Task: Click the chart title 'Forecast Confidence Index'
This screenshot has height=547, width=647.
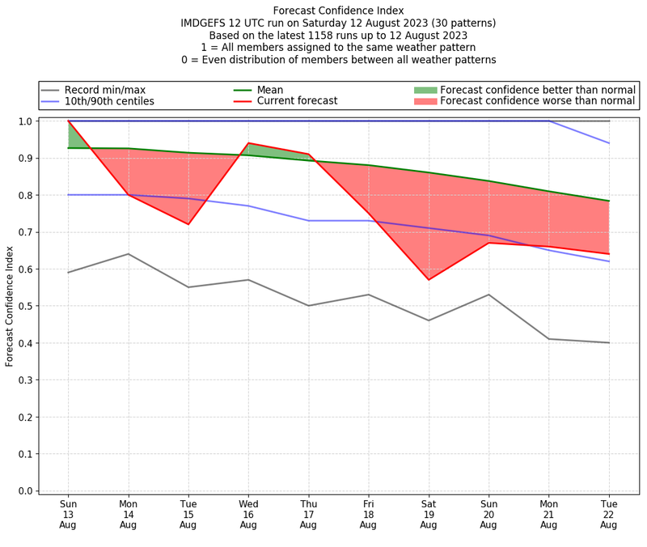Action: click(x=338, y=11)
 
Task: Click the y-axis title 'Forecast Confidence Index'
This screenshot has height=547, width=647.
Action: click(x=10, y=307)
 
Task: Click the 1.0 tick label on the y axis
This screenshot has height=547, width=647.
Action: click(x=26, y=121)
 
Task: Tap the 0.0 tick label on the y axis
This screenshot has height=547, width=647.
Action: click(x=26, y=491)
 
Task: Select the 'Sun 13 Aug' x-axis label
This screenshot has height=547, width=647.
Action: click(x=68, y=513)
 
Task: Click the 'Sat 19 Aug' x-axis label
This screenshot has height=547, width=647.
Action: click(x=429, y=513)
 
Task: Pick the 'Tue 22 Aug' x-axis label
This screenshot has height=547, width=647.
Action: click(x=609, y=513)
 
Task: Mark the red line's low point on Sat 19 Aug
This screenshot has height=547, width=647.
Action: click(x=429, y=280)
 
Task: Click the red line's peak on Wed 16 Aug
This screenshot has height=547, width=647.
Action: click(x=248, y=143)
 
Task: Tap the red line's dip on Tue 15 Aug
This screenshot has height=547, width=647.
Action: click(x=188, y=224)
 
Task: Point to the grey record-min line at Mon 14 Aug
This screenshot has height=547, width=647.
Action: click(x=128, y=254)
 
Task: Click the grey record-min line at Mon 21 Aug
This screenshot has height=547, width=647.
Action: click(x=549, y=339)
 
